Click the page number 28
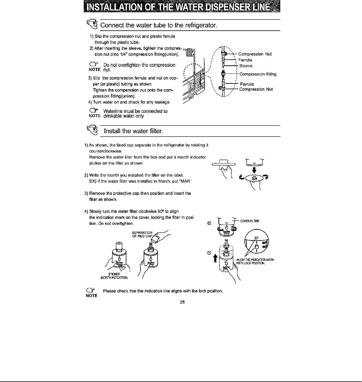point(182,302)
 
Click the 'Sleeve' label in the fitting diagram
point(246,66)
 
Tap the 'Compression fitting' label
point(258,74)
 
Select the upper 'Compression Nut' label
point(255,54)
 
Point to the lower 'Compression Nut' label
point(256,89)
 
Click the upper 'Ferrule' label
point(245,60)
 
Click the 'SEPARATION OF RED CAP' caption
point(142,234)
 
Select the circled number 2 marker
point(209,223)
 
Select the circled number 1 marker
point(209,253)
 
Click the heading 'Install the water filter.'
point(133,131)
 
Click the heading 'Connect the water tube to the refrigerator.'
point(159,25)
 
